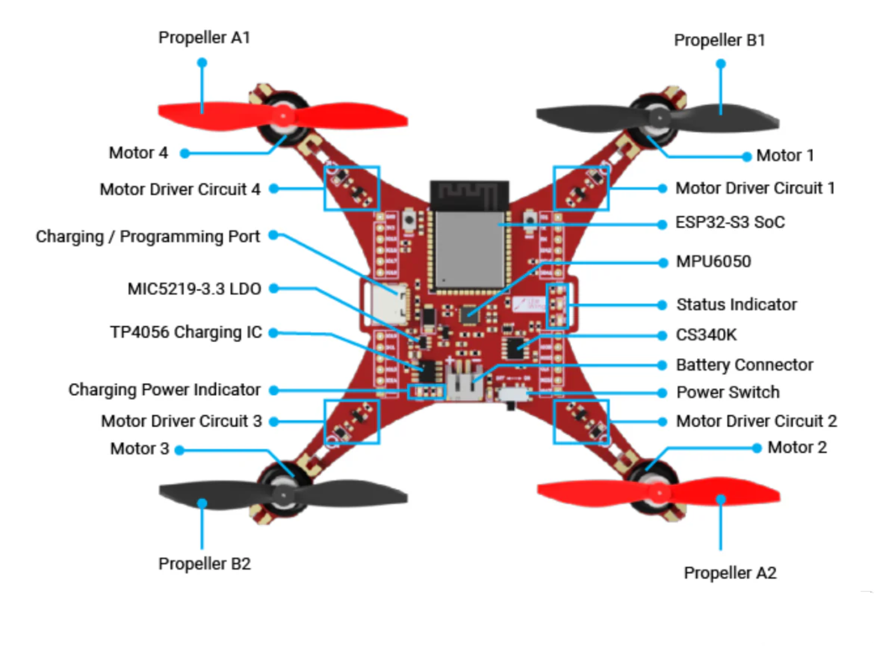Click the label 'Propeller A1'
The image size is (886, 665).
click(x=204, y=38)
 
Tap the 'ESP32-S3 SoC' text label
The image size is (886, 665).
click(x=730, y=222)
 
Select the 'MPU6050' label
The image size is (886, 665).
click(x=713, y=262)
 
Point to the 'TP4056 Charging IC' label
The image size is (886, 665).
click(x=186, y=332)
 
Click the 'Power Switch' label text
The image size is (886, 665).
click(x=728, y=393)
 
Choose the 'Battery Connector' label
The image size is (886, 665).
click(x=744, y=365)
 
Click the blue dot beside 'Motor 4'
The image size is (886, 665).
click(x=185, y=153)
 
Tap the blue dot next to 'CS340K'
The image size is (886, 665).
click(x=662, y=335)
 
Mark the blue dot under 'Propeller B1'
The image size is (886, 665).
click(x=721, y=64)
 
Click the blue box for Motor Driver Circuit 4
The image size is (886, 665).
click(x=352, y=188)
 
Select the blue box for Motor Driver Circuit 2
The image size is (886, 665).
click(x=581, y=422)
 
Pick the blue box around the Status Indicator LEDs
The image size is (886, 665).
click(x=558, y=306)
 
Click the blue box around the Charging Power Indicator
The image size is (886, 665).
click(x=426, y=392)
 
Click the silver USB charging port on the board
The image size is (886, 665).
click(x=388, y=305)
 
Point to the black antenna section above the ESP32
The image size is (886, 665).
click(x=470, y=195)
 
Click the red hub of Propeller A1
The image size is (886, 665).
click(x=283, y=116)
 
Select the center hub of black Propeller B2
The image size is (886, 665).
click(x=283, y=495)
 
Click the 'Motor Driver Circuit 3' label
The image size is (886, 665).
click(x=181, y=421)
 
